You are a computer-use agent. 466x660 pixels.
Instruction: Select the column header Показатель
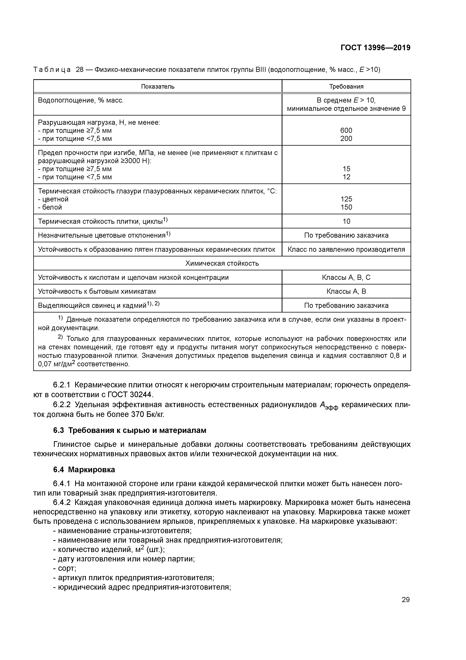point(158,87)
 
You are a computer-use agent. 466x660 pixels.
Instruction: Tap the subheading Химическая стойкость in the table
point(222,263)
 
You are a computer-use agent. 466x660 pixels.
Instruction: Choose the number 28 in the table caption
point(79,70)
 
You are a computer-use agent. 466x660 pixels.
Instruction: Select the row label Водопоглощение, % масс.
point(81,100)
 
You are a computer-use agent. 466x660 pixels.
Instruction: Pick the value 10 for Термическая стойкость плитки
point(346,221)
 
